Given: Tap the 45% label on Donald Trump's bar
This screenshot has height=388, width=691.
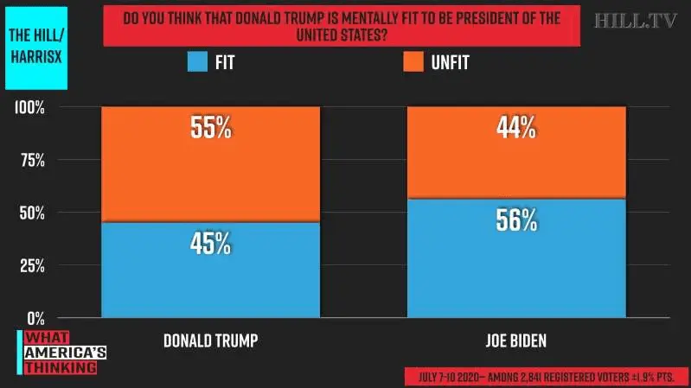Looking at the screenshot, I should [210, 243].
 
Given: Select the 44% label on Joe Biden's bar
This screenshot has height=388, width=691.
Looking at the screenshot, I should [516, 128].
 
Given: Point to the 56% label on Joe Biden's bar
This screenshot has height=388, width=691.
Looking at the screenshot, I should [516, 220].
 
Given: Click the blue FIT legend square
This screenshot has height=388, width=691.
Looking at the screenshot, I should [198, 62].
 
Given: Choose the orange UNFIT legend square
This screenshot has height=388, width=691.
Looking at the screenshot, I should [413, 62].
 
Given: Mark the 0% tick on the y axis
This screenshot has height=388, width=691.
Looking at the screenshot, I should [35, 318].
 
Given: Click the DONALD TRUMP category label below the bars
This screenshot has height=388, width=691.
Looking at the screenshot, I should [210, 340].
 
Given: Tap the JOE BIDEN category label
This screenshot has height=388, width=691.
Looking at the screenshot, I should [516, 340].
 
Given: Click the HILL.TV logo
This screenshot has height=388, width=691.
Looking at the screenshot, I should [636, 21].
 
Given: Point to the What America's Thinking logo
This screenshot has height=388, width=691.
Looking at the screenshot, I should [59, 353].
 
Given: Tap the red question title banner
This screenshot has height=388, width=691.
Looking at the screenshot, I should [341, 26].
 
